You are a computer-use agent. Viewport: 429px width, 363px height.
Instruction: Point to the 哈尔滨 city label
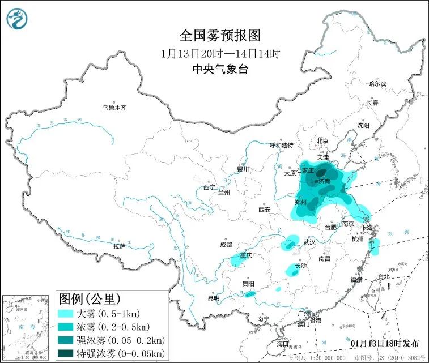pyautogui.click(x=377, y=84)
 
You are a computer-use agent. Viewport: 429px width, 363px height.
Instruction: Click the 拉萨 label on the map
pyautogui.click(x=119, y=246)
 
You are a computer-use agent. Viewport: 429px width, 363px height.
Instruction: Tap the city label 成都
pyautogui.click(x=226, y=244)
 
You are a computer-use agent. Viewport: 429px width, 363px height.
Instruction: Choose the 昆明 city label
pyautogui.click(x=213, y=297)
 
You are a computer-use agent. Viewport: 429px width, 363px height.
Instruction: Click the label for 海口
pyautogui.click(x=283, y=344)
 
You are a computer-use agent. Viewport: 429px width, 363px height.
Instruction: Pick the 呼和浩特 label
pyautogui.click(x=282, y=145)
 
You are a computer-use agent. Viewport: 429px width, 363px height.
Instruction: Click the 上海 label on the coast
pyautogui.click(x=369, y=228)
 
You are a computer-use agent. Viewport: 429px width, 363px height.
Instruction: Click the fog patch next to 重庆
pyautogui.click(x=237, y=260)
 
